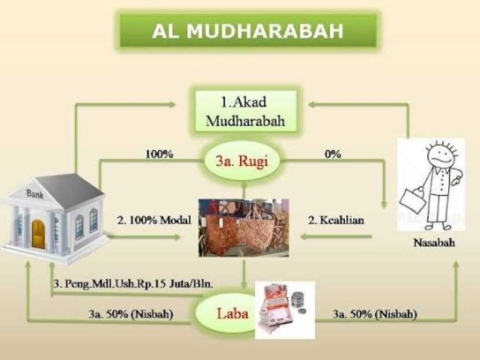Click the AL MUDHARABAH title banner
pyautogui.click(x=248, y=31)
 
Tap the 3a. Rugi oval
pyautogui.click(x=242, y=161)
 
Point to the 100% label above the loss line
pyautogui.click(x=159, y=154)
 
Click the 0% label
pyautogui.click(x=333, y=154)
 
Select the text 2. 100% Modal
pyautogui.click(x=154, y=220)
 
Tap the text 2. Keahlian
pyautogui.click(x=336, y=220)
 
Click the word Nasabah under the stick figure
pyautogui.click(x=434, y=243)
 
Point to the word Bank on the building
pyautogui.click(x=35, y=194)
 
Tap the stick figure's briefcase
pyautogui.click(x=412, y=201)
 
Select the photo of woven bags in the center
pyautogui.click(x=243, y=228)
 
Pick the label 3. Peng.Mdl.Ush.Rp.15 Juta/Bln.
pyautogui.click(x=133, y=284)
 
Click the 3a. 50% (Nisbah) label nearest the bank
pyautogui.click(x=131, y=314)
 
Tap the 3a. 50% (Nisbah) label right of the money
pyautogui.click(x=375, y=314)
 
